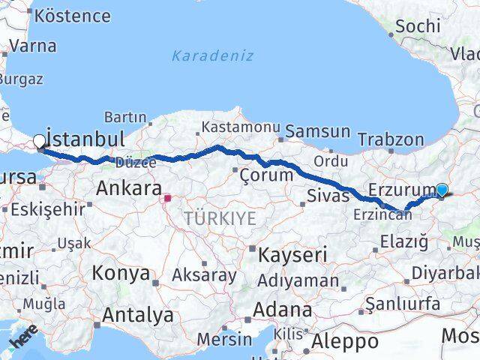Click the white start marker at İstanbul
39,140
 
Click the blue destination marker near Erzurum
442,190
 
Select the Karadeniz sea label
212,56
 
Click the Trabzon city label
391,139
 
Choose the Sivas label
328,196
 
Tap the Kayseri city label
292,255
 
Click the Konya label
121,274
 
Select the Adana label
282,310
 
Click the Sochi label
417,25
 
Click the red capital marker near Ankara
168,199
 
